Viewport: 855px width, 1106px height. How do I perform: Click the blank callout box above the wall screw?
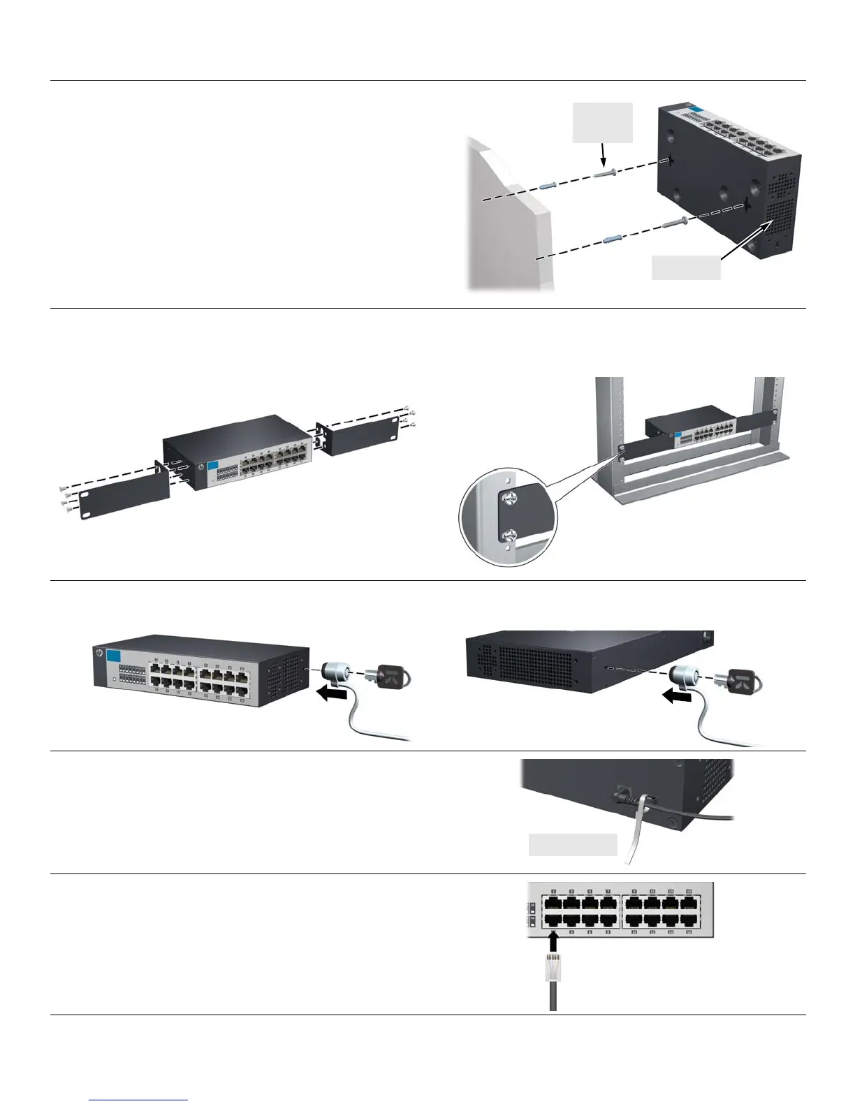tap(603, 123)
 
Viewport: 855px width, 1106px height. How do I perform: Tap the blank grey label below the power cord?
tap(573, 844)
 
